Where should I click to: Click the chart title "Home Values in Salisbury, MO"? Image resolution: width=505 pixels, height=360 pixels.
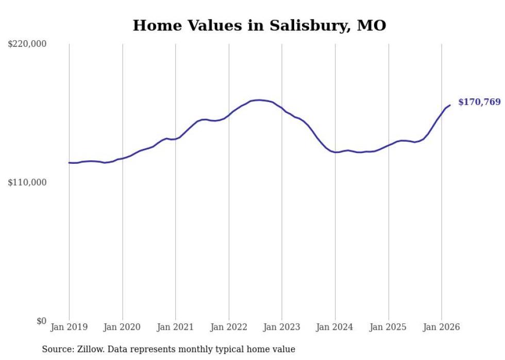[x=259, y=25]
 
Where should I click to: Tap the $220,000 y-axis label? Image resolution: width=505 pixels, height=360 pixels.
[x=27, y=44]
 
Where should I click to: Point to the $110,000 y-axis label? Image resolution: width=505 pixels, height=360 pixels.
[x=27, y=182]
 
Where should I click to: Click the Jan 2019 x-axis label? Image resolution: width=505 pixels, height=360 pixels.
[x=69, y=327]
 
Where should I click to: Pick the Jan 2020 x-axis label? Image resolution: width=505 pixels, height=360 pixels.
[x=123, y=327]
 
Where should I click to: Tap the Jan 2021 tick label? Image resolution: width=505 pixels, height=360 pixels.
[x=176, y=327]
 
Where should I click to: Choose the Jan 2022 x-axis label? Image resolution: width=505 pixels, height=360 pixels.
[x=229, y=327]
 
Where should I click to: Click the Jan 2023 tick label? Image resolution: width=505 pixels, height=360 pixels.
[x=282, y=327]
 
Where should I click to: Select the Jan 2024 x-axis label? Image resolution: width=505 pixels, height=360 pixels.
[x=335, y=327]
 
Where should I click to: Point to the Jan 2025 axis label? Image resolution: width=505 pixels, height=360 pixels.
[x=389, y=327]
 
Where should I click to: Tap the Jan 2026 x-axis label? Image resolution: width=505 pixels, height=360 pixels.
[x=442, y=327]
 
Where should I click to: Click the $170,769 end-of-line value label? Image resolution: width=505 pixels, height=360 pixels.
[x=479, y=102]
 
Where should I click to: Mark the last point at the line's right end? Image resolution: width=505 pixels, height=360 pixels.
[x=450, y=105]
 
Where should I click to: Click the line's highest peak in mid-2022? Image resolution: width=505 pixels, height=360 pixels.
[x=259, y=100]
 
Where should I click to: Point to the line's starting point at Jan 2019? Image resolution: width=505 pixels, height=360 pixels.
[x=69, y=163]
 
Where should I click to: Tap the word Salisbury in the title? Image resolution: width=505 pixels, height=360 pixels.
[x=302, y=25]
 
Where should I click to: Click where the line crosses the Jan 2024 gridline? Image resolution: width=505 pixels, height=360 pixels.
[x=335, y=152]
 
